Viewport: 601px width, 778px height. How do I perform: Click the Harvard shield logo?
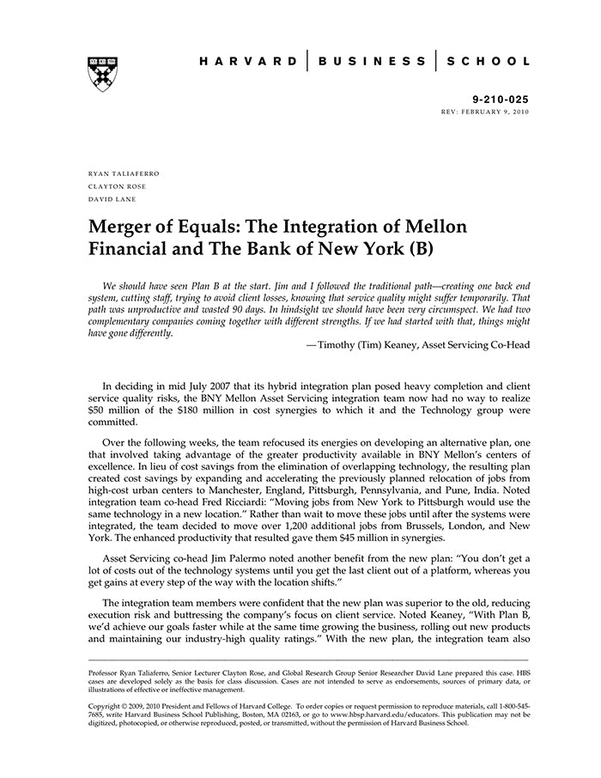coord(103,74)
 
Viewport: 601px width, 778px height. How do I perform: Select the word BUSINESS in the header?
coord(372,62)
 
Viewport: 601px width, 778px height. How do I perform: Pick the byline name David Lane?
coord(112,198)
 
